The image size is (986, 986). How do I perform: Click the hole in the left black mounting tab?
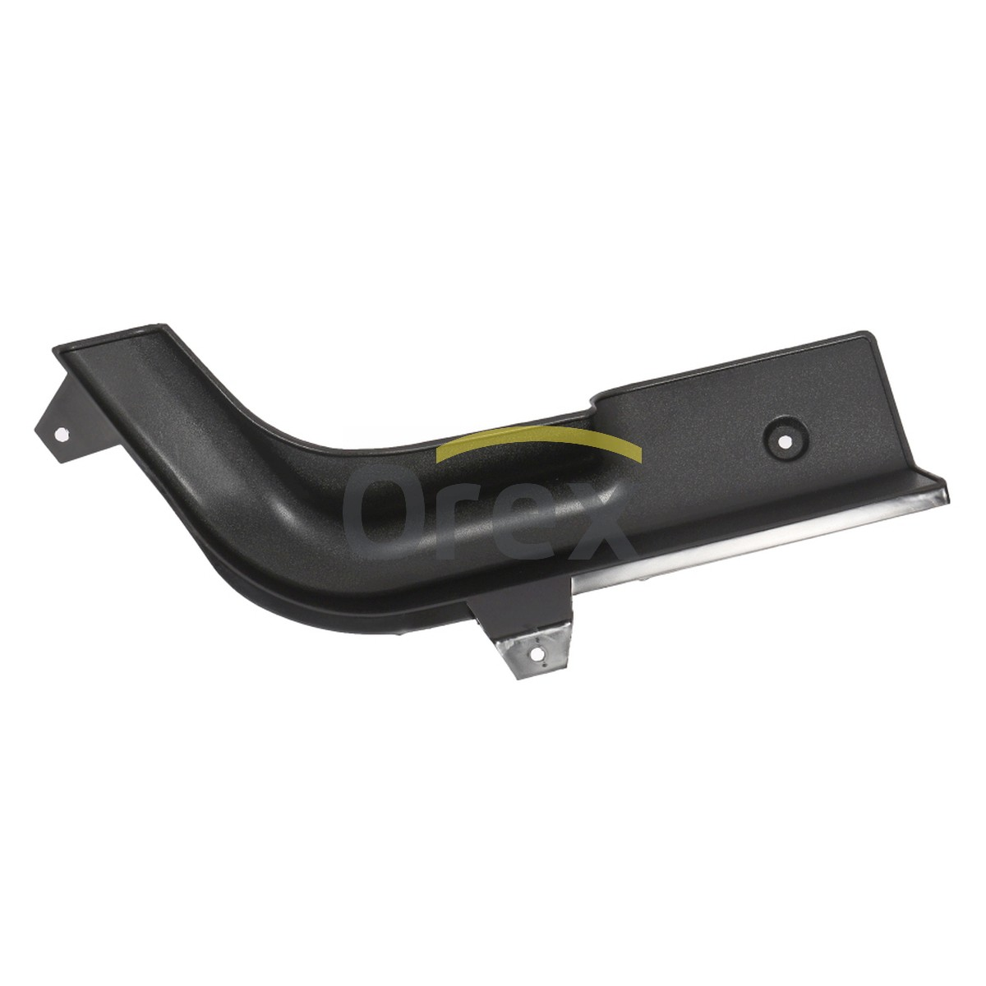62,435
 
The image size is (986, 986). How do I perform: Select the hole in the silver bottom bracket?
537,653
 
